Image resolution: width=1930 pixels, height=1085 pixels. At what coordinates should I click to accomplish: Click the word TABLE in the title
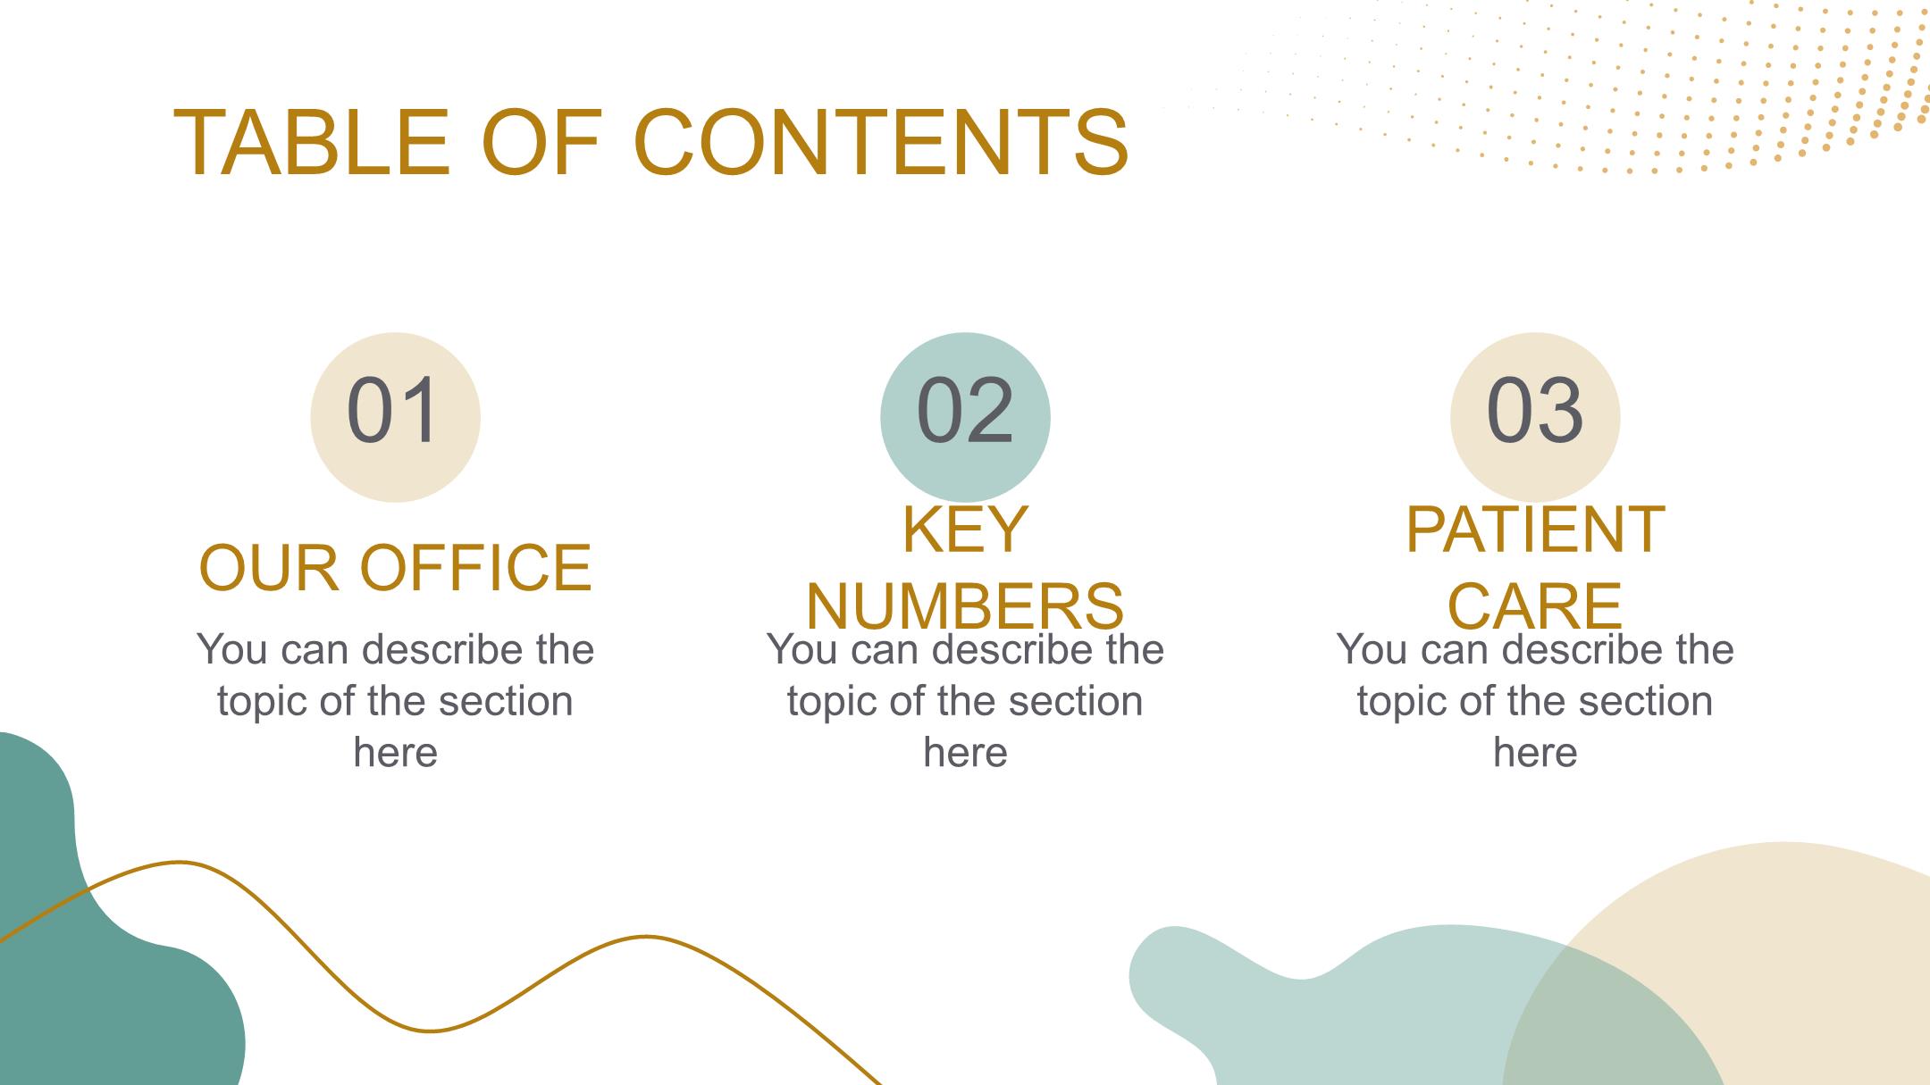click(311, 143)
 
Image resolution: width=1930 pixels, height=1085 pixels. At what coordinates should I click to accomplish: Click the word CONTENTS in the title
click(881, 143)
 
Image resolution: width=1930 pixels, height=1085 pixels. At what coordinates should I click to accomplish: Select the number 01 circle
click(395, 417)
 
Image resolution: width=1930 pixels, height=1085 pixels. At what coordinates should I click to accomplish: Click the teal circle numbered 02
click(965, 417)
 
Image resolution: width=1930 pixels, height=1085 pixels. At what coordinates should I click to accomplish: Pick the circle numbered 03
click(1535, 417)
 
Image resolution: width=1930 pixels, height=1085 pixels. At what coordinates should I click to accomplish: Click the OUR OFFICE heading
click(395, 567)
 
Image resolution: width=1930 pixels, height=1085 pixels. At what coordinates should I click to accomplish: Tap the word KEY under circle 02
click(965, 529)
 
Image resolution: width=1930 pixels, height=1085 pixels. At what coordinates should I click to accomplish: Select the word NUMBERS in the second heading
click(965, 606)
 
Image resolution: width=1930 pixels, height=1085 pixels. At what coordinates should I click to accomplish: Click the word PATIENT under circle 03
click(1535, 529)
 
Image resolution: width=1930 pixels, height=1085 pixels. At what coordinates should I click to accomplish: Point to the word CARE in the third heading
click(1535, 606)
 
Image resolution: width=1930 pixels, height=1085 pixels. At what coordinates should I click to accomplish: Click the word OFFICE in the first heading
click(476, 567)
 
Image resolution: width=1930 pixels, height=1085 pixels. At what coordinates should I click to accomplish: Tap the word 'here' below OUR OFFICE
click(395, 753)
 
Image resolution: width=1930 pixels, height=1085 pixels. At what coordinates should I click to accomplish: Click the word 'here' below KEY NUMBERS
click(965, 753)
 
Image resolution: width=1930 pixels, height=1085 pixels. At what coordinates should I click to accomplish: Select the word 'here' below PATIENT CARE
click(1535, 753)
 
